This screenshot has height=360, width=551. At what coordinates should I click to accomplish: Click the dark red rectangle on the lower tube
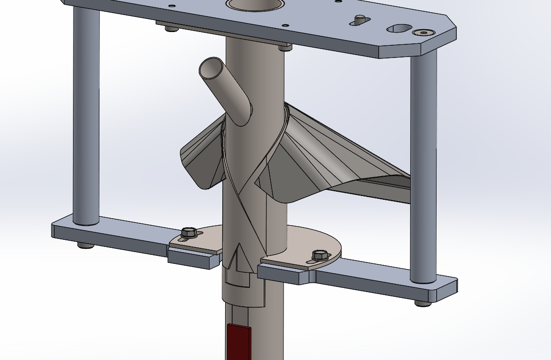238,342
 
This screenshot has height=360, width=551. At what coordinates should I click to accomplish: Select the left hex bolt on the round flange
188,232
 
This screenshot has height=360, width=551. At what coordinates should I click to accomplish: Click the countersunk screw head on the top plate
421,33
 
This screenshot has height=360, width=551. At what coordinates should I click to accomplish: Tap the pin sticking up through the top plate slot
360,19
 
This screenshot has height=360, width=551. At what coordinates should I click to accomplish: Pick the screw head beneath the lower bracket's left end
83,245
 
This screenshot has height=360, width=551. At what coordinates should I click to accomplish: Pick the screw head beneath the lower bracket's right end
422,303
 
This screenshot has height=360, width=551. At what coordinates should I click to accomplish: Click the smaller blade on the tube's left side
200,158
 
